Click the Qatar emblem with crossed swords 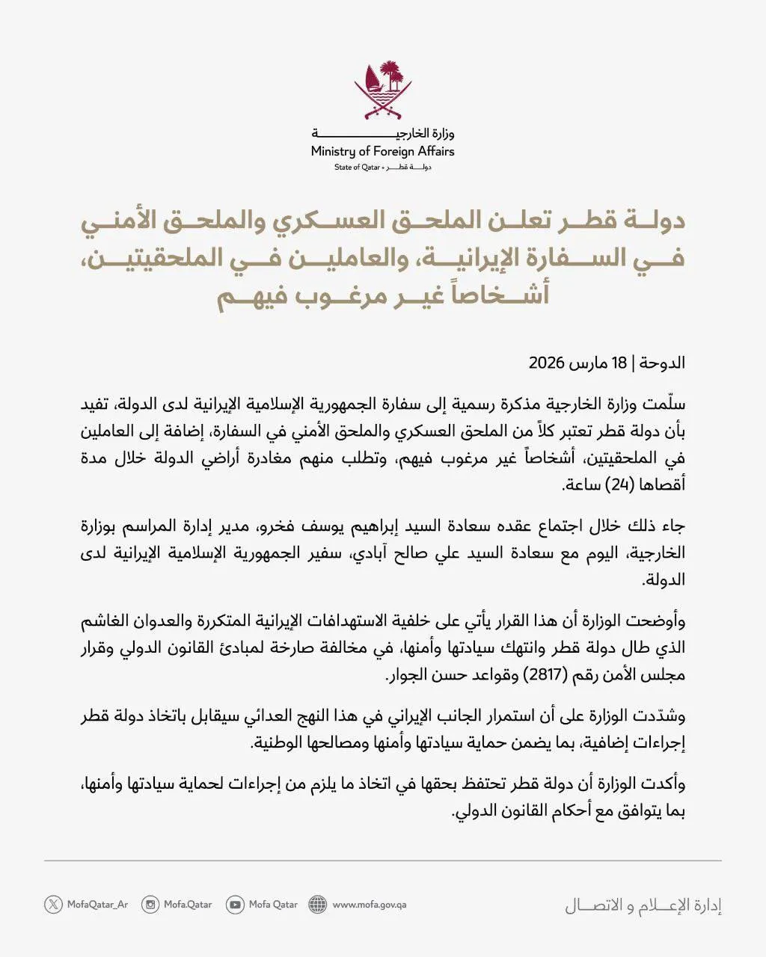tap(383, 90)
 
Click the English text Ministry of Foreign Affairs tap(383, 152)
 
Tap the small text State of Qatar tap(358, 167)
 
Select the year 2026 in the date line tap(546, 364)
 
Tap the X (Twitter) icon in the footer tap(53, 905)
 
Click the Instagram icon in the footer tap(150, 905)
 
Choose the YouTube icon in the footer tap(235, 905)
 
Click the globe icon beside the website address tap(318, 905)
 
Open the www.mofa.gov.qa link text tap(370, 905)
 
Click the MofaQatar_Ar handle tap(97, 905)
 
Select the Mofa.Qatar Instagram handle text tap(188, 905)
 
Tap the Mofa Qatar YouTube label tap(273, 905)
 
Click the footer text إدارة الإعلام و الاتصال tap(643, 906)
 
